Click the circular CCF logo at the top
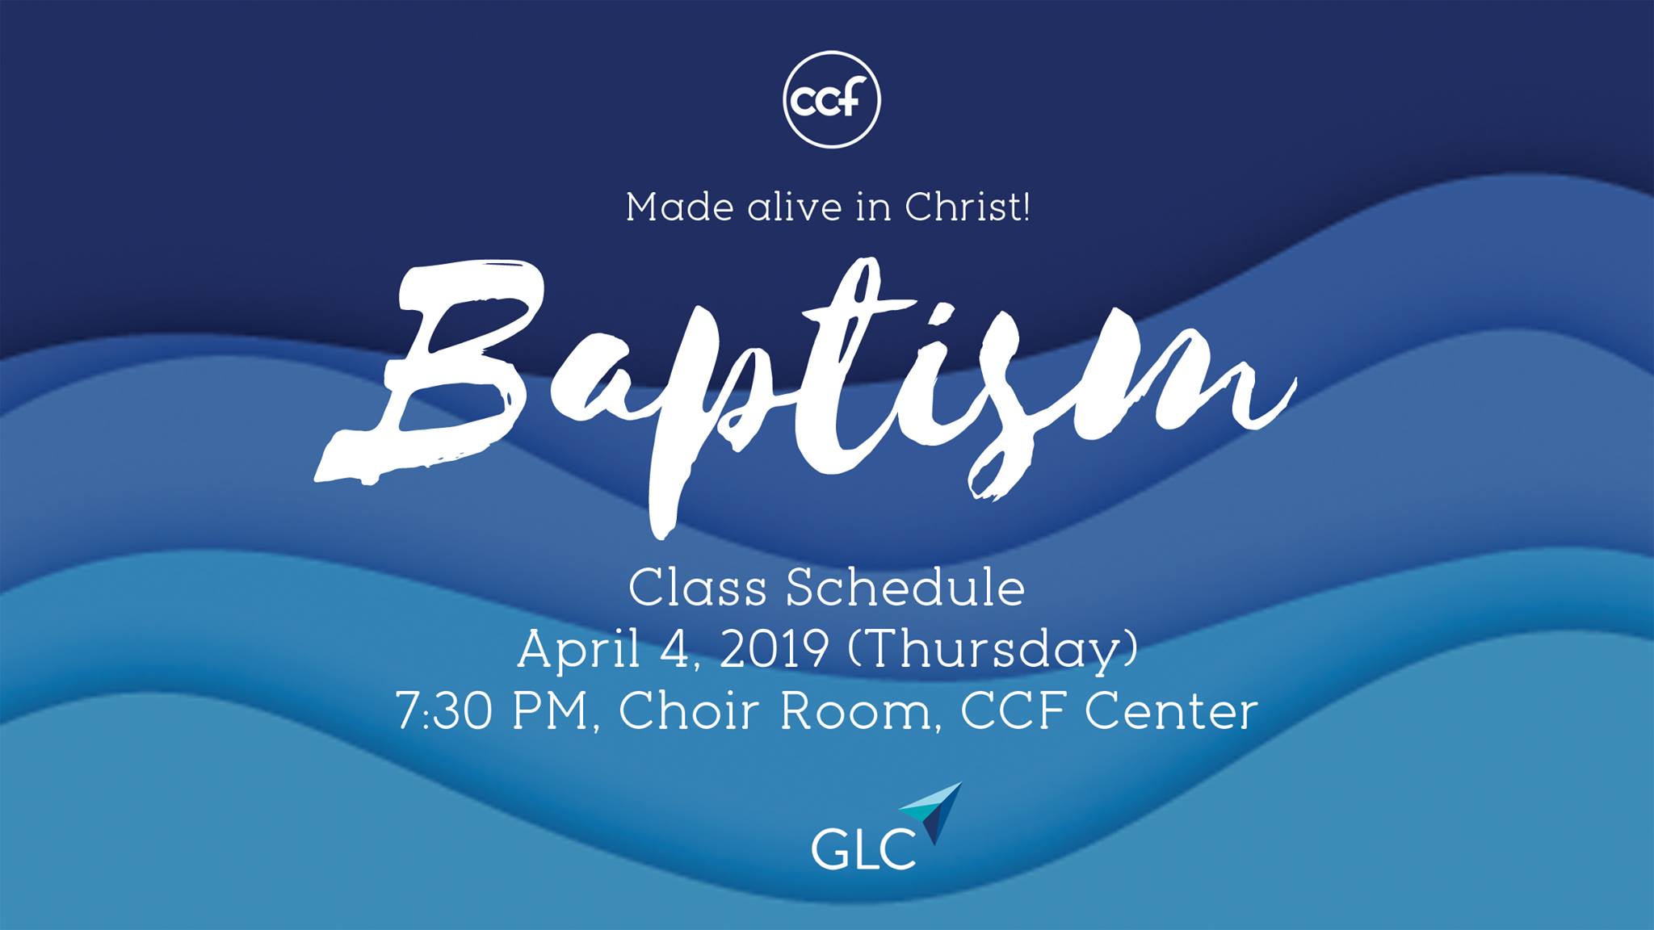[x=831, y=100]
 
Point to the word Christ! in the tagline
[x=968, y=207]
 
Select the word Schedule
[x=905, y=589]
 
